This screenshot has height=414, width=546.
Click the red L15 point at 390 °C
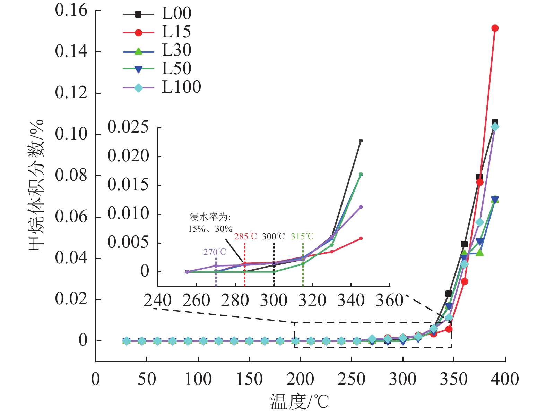click(495, 28)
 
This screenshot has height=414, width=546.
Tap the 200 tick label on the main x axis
click(300, 379)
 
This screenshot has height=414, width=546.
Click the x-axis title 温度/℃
click(300, 402)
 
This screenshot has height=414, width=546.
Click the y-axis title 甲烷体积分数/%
click(36, 186)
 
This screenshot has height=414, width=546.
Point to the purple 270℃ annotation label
click(215, 252)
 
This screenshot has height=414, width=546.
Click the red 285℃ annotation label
click(245, 237)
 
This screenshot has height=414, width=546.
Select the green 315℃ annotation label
click(302, 237)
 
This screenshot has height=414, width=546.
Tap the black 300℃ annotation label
click(274, 237)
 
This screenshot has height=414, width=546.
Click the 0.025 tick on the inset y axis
click(128, 127)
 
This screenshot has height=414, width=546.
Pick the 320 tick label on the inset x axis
click(312, 301)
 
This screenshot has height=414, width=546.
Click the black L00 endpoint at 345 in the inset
click(361, 141)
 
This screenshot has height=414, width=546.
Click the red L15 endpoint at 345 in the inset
click(361, 238)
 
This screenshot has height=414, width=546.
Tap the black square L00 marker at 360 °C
click(464, 244)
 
